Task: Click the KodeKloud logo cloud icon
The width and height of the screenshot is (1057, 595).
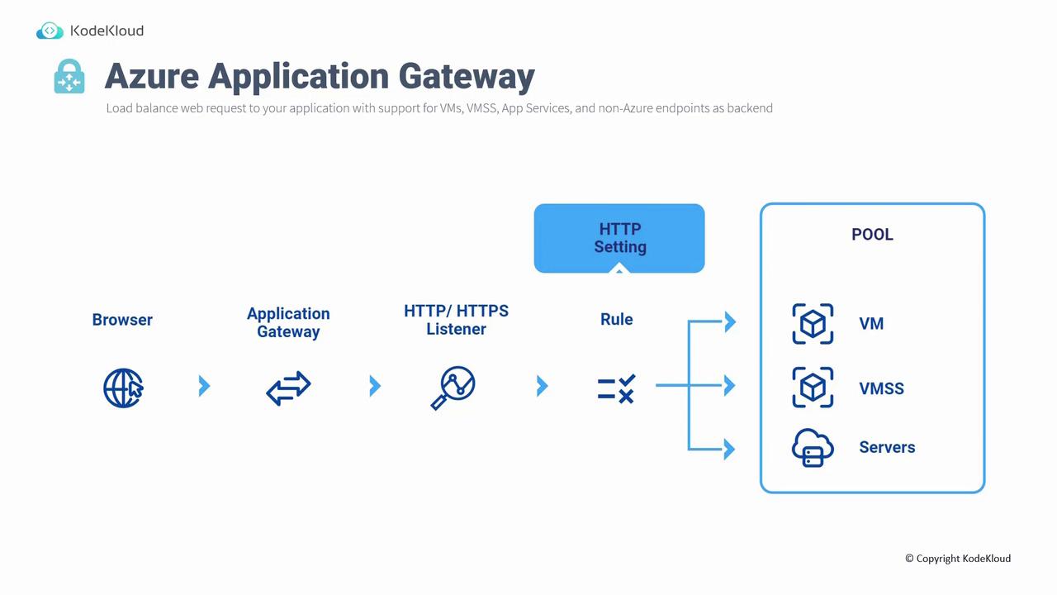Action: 50,31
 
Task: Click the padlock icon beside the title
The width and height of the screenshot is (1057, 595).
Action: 69,77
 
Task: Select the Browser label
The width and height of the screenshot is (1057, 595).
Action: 122,320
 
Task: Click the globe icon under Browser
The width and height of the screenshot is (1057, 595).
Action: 123,387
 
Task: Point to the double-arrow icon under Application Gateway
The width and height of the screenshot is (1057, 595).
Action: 288,387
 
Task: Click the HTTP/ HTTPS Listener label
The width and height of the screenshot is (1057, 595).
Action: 456,320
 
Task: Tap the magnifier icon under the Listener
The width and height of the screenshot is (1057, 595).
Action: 453,388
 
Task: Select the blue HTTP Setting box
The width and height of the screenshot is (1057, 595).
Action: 619,238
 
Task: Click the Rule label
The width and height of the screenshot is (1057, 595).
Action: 617,320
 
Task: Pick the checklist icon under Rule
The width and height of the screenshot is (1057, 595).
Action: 616,388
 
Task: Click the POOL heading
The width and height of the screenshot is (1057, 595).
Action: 872,235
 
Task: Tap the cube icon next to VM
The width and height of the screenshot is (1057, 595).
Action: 813,323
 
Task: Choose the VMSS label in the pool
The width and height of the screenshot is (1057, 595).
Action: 881,388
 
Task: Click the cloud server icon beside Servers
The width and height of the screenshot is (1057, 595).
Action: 813,448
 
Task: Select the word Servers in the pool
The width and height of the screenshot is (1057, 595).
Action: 887,448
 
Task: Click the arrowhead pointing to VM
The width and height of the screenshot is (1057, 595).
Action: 729,321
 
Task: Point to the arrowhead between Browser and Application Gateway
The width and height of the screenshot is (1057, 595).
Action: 205,386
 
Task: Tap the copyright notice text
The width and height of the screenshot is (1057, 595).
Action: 958,559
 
